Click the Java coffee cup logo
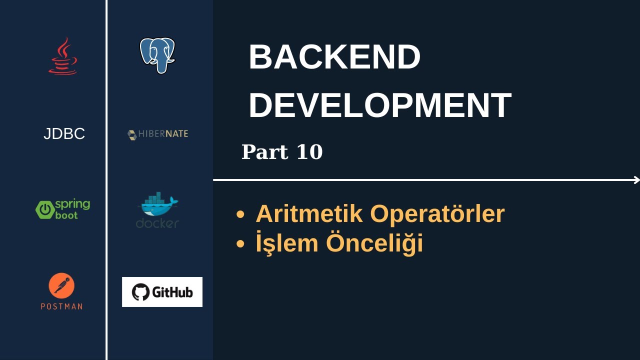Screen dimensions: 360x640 point(63,56)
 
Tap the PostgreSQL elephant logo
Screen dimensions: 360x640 point(157,55)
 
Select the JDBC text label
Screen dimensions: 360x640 point(64,134)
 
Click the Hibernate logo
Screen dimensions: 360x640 point(157,134)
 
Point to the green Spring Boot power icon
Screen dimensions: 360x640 point(44,209)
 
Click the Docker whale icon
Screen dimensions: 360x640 point(158,204)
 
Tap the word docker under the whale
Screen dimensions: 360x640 point(157,223)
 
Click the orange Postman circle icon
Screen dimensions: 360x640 point(61,285)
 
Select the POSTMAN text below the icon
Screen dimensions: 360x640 point(61,306)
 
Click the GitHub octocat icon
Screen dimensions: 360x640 point(140,292)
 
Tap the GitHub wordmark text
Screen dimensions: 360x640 point(172,292)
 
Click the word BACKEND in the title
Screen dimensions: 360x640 point(334,57)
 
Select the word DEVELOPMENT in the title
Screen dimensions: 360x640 point(379,105)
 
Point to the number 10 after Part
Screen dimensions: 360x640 point(309,152)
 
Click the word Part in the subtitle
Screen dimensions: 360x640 point(265,152)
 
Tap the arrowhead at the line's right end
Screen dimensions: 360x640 point(636,180)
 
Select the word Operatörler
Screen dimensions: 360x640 point(437,214)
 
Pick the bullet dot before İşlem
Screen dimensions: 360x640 point(240,244)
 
